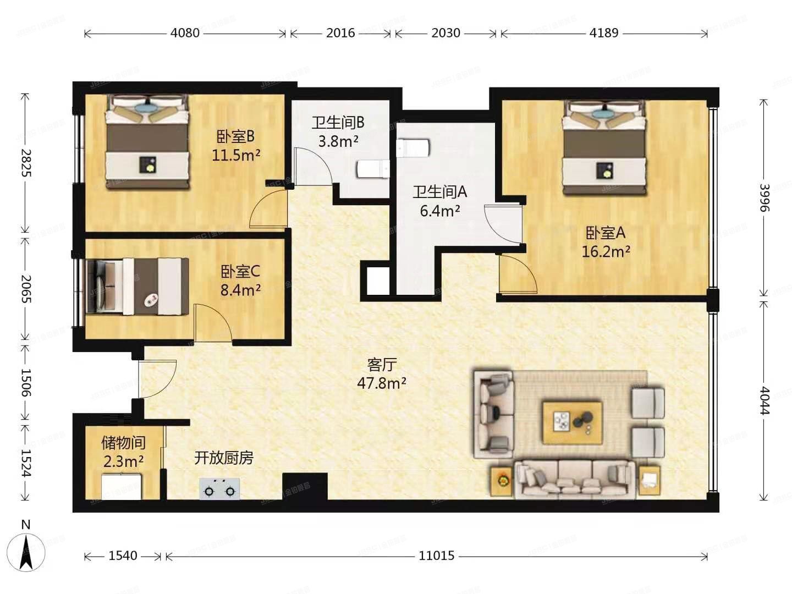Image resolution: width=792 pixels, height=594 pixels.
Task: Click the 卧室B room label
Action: tap(235, 136)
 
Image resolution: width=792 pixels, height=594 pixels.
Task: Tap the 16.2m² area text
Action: tap(606, 252)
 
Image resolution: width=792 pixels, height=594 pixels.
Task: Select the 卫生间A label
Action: tap(439, 192)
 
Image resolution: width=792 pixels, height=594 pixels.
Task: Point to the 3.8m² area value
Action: tap(338, 141)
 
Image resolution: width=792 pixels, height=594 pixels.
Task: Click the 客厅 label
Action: tap(382, 364)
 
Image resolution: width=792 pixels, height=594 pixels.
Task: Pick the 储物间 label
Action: tap(123, 442)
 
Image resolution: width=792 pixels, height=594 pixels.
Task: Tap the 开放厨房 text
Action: tap(223, 458)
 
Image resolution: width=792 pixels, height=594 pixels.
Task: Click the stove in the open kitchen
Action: tap(219, 488)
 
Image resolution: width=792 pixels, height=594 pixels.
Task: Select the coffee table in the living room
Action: tap(572, 422)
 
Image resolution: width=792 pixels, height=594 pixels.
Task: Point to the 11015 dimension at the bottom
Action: tap(437, 556)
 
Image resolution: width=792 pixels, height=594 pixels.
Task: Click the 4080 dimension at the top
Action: tap(185, 33)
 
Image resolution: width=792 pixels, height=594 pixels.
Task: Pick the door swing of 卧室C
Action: tap(213, 324)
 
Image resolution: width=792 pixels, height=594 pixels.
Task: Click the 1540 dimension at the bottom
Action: tap(123, 556)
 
